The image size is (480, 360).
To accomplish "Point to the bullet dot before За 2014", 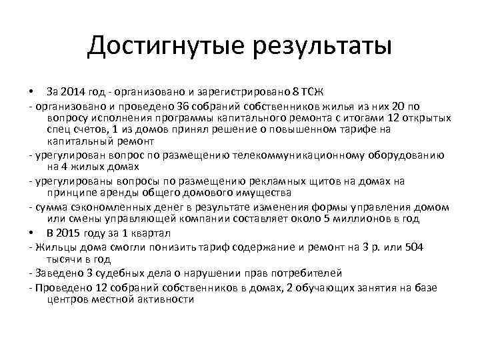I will tap(31, 91).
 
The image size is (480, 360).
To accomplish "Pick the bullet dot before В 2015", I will tap(31, 233).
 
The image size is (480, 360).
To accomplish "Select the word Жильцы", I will tap(54, 247).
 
